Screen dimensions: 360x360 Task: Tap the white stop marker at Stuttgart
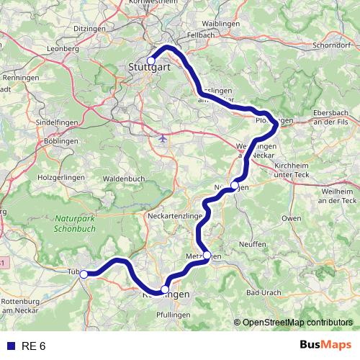(151, 60)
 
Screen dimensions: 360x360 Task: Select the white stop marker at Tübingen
(84, 274)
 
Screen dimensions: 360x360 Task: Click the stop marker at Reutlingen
(165, 289)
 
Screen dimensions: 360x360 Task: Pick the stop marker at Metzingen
(207, 255)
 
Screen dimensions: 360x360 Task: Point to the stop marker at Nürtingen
(234, 186)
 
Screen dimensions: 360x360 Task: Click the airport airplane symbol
(163, 137)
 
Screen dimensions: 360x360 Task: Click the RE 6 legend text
(32, 346)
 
